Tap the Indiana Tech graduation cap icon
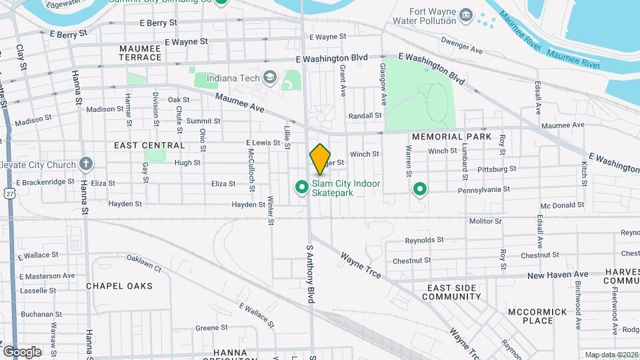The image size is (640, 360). pos(269,78)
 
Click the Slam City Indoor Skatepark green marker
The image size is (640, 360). pos(301,189)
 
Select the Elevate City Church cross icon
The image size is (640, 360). pos(85,164)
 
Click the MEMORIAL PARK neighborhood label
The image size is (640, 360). pos(451,137)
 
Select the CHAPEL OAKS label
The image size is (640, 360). pos(119,286)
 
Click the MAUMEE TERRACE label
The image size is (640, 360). pos(141,53)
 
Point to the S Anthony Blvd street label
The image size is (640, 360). pos(310,273)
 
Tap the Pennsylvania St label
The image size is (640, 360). pos(483,189)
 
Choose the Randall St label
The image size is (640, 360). pos(365,115)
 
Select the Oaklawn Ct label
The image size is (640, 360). pos(144,263)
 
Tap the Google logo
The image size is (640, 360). pos(22,351)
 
